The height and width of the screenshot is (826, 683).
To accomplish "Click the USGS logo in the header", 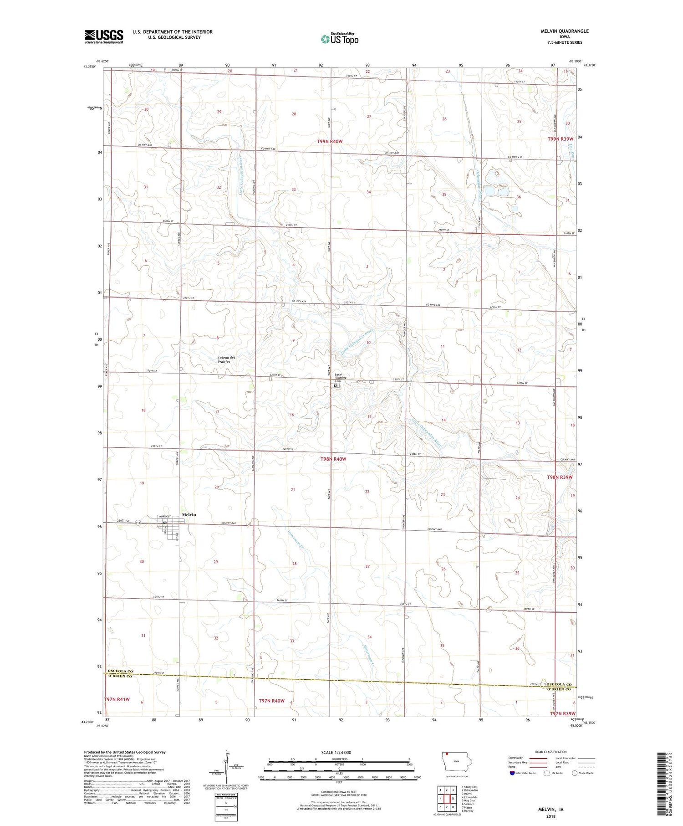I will point(104,36).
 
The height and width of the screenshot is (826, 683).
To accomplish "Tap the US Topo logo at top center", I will point(339,39).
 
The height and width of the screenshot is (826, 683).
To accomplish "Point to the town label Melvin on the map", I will point(189,514).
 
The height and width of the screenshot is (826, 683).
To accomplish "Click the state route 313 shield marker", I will point(138,523).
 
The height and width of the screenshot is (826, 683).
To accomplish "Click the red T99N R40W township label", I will point(330,142).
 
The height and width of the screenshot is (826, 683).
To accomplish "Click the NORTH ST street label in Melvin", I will point(164,516).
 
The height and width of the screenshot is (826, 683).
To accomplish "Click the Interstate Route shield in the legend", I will point(512,773).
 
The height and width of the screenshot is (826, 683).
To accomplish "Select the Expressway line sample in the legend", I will point(537,758).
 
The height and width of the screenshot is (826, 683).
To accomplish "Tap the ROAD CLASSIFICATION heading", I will point(551,752).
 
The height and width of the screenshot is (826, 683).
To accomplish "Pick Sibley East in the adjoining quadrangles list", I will point(469,787).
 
